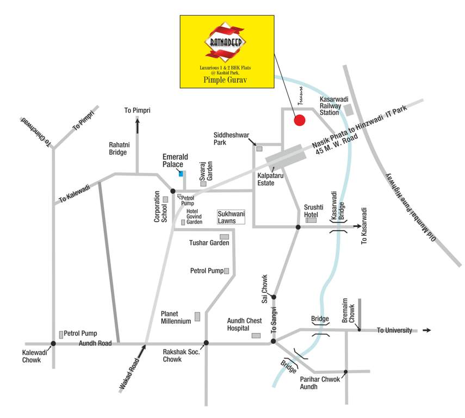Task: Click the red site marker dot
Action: click(x=299, y=120)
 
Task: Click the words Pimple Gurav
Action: click(x=225, y=80)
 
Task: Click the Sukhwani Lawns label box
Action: click(x=231, y=218)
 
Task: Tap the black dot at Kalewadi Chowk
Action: click(x=53, y=343)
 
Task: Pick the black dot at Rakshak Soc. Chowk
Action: click(x=206, y=343)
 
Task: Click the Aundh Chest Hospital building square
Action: click(x=256, y=335)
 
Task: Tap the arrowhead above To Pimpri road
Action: click(x=137, y=122)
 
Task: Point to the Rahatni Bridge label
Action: click(x=117, y=148)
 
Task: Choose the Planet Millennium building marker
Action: click(x=197, y=316)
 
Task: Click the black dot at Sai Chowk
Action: click(x=274, y=297)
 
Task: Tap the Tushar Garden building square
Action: click(x=224, y=236)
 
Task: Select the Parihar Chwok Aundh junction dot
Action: click(x=346, y=372)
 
